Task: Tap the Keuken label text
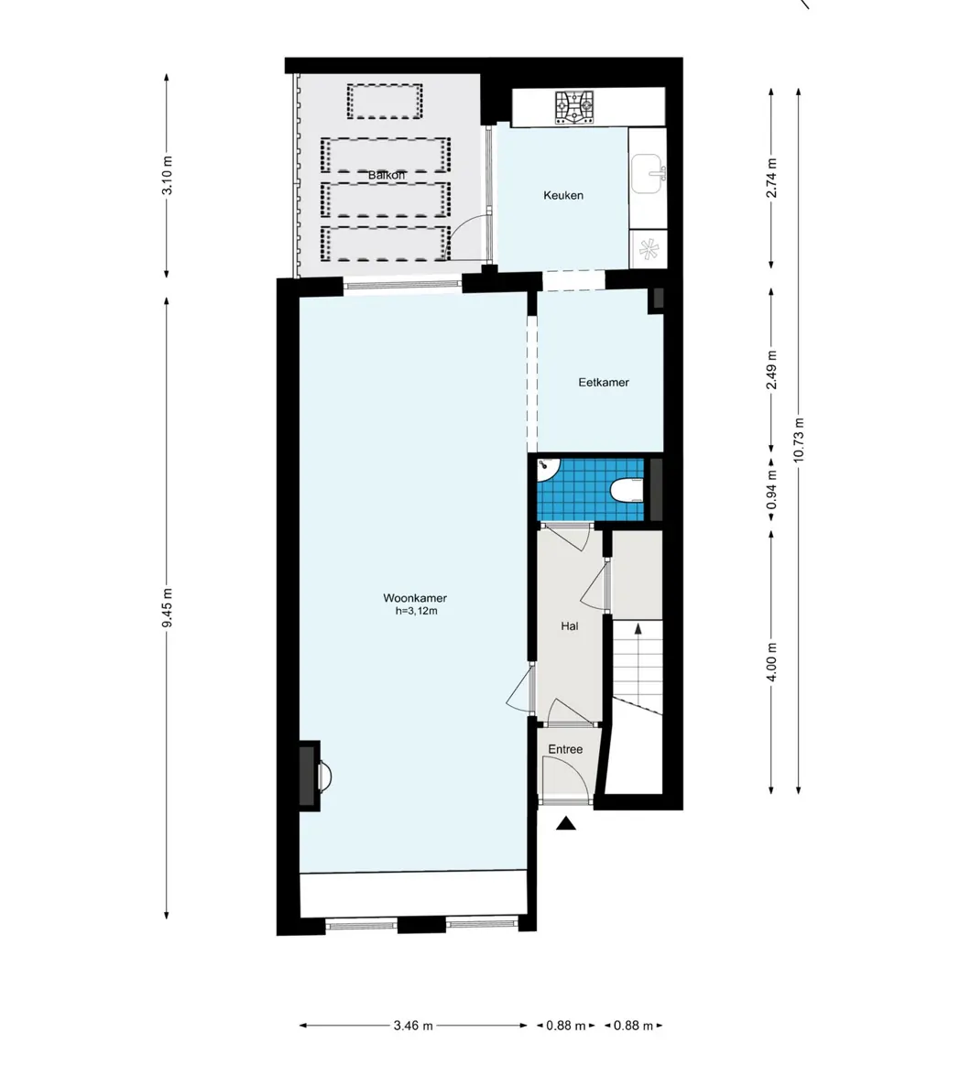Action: [x=562, y=195]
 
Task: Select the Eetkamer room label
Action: [x=603, y=382]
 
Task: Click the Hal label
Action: [x=569, y=626]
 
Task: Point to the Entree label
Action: [x=565, y=749]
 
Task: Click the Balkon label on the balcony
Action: [x=386, y=174]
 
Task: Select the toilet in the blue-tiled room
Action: [x=627, y=492]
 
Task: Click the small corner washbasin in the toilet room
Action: [x=547, y=467]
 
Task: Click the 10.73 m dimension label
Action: [x=800, y=440]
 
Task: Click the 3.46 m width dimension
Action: [x=413, y=1026]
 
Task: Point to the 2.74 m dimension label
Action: [x=772, y=179]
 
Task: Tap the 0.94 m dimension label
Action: [x=772, y=488]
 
